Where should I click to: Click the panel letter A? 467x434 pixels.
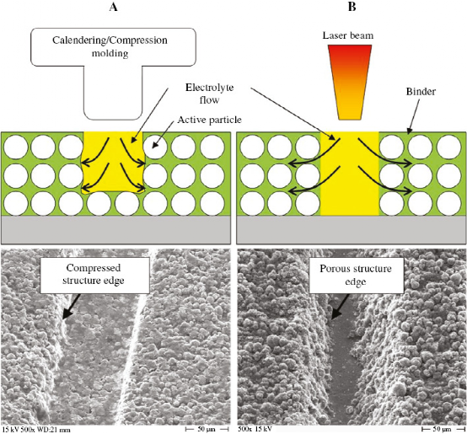113,7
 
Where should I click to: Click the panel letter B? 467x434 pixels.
352,7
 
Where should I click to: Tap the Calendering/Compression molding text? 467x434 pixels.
110,46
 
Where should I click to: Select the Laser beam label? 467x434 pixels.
348,35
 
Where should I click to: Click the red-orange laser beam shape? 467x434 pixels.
350,83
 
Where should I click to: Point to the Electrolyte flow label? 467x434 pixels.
209,94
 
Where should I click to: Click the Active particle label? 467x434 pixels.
209,120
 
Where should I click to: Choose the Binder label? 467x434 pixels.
421,91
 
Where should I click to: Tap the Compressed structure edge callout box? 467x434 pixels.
94,276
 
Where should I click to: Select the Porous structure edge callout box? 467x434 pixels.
357,276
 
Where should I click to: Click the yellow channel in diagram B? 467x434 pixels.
350,174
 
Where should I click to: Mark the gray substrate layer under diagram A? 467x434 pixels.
115,230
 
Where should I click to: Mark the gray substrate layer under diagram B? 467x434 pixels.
352,230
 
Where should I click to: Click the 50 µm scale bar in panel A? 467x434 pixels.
207,429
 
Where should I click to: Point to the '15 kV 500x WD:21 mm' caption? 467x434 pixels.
36,430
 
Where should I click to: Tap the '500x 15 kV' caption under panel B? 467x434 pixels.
255,429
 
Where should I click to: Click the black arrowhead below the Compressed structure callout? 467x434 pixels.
68,313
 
